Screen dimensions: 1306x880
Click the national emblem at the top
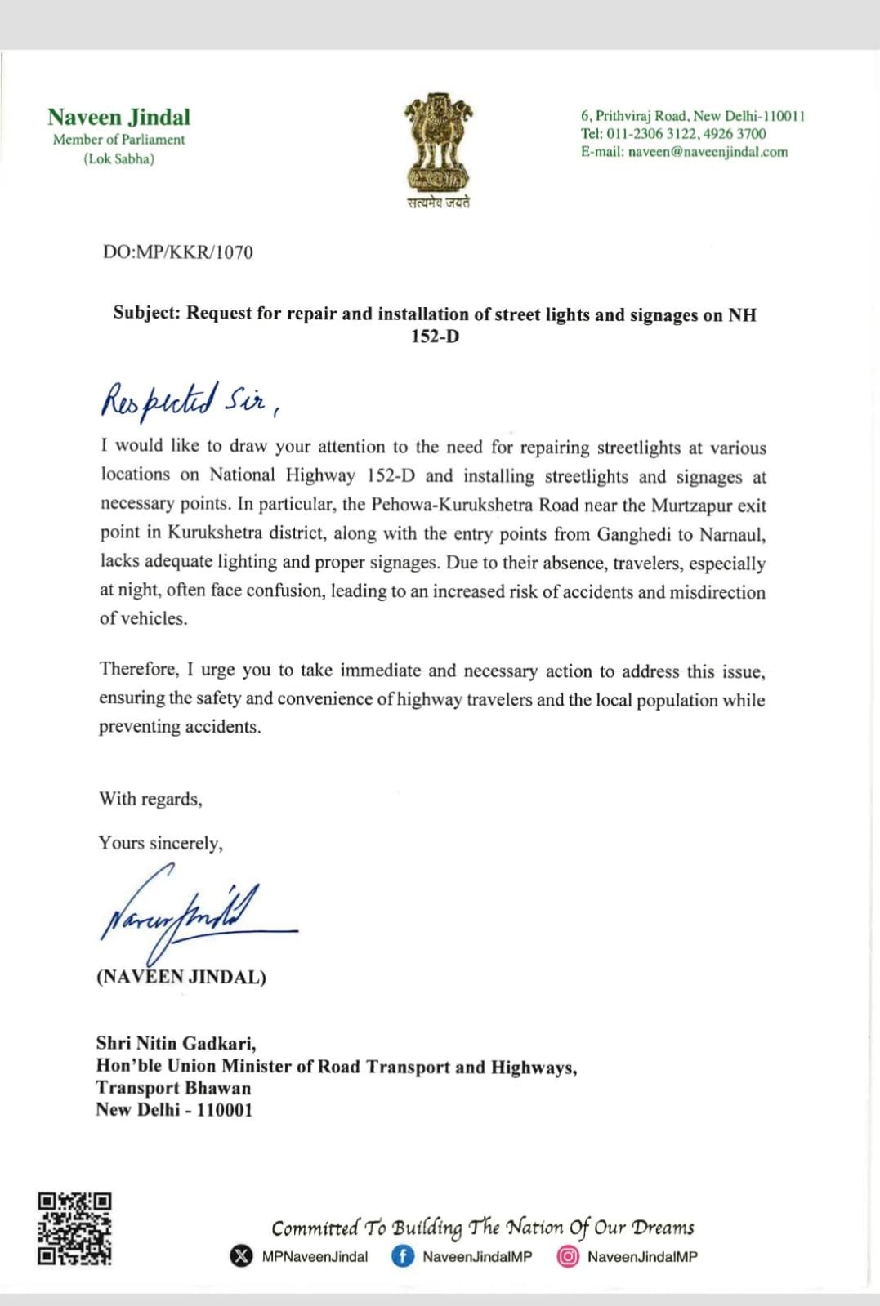click(x=439, y=142)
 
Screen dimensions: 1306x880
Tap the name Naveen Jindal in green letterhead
click(x=118, y=118)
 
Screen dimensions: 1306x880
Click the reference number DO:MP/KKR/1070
click(x=178, y=252)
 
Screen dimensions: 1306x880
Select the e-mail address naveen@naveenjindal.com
click(x=708, y=152)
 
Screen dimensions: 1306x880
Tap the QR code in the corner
click(x=74, y=1228)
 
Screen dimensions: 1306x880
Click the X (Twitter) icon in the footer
click(x=242, y=1256)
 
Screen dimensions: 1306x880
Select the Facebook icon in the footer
click(x=403, y=1256)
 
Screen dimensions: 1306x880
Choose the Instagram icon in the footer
click(x=568, y=1256)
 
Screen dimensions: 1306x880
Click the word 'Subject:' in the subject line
click(x=146, y=313)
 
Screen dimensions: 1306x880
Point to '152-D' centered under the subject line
click(x=435, y=337)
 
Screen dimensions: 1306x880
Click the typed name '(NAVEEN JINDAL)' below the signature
click(x=181, y=977)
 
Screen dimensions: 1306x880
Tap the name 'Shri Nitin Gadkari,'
click(x=176, y=1043)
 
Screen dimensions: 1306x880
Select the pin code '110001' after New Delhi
click(x=225, y=1110)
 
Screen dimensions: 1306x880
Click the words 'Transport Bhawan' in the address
click(x=173, y=1088)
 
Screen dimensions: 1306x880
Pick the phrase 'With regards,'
click(x=150, y=799)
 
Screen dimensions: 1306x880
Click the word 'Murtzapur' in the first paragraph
click(x=691, y=506)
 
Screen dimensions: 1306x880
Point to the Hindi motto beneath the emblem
click(x=439, y=203)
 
